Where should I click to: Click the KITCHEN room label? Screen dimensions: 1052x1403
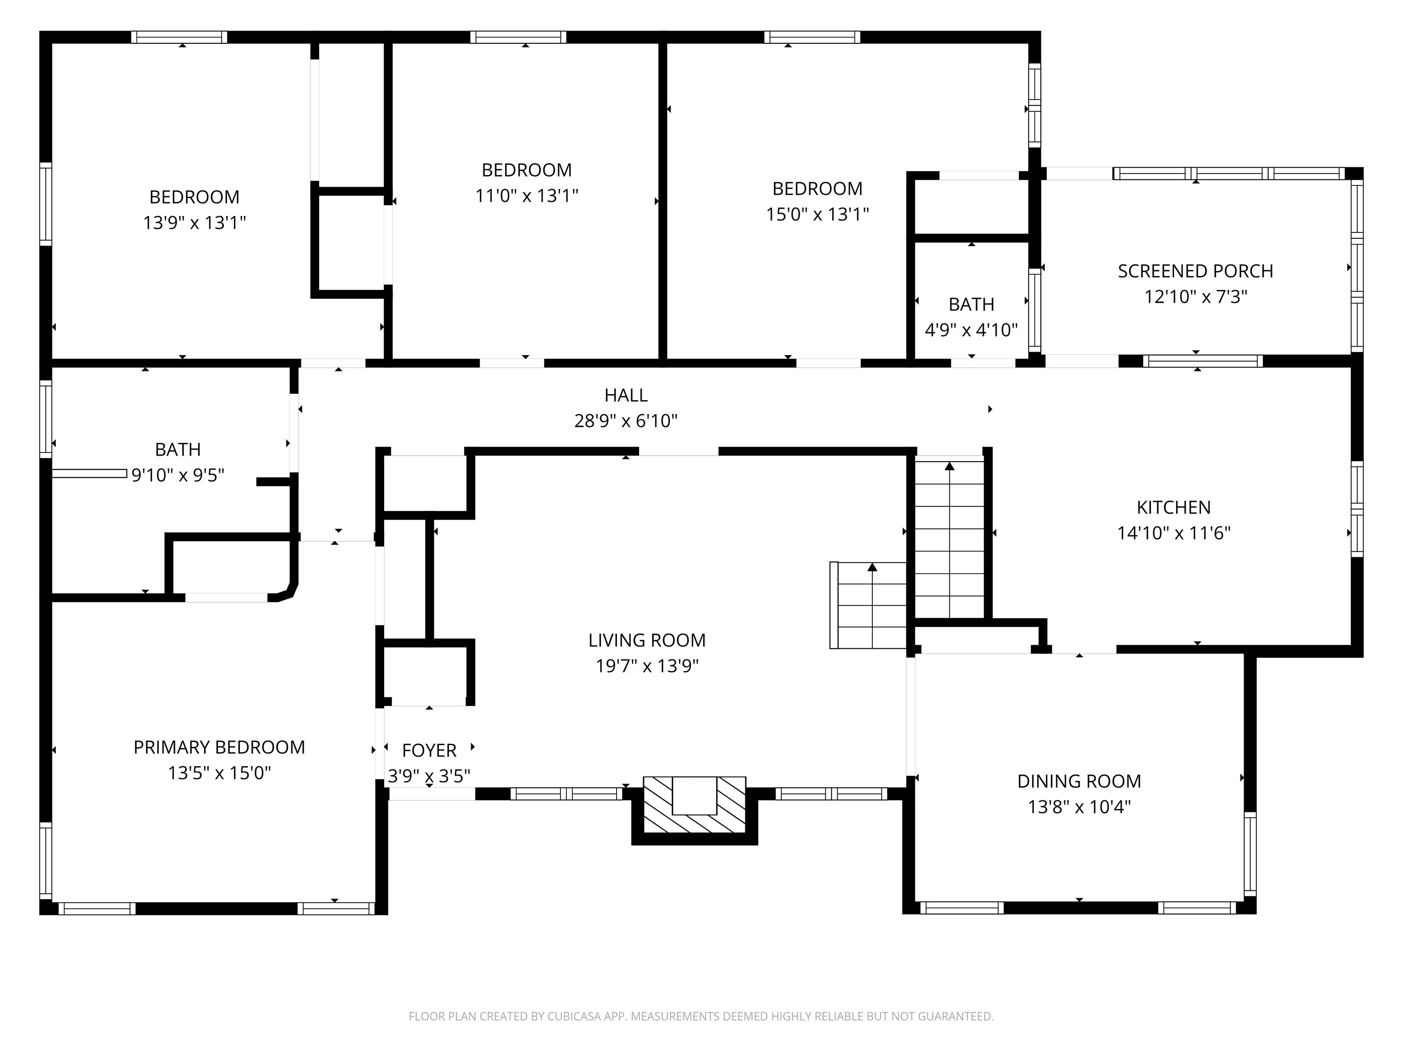[1173, 507]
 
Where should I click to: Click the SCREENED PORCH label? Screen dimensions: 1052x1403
[1195, 271]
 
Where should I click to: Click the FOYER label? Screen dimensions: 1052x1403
[429, 751]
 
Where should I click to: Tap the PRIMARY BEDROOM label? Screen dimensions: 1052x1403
[219, 747]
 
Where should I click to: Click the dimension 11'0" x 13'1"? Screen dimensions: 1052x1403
[527, 196]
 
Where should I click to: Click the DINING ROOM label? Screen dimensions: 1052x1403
[1079, 781]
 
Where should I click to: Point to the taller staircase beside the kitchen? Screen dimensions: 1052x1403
[949, 539]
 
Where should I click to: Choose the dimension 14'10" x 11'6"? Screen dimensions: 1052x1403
[1173, 533]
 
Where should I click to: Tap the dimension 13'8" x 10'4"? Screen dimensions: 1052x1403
[1079, 807]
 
